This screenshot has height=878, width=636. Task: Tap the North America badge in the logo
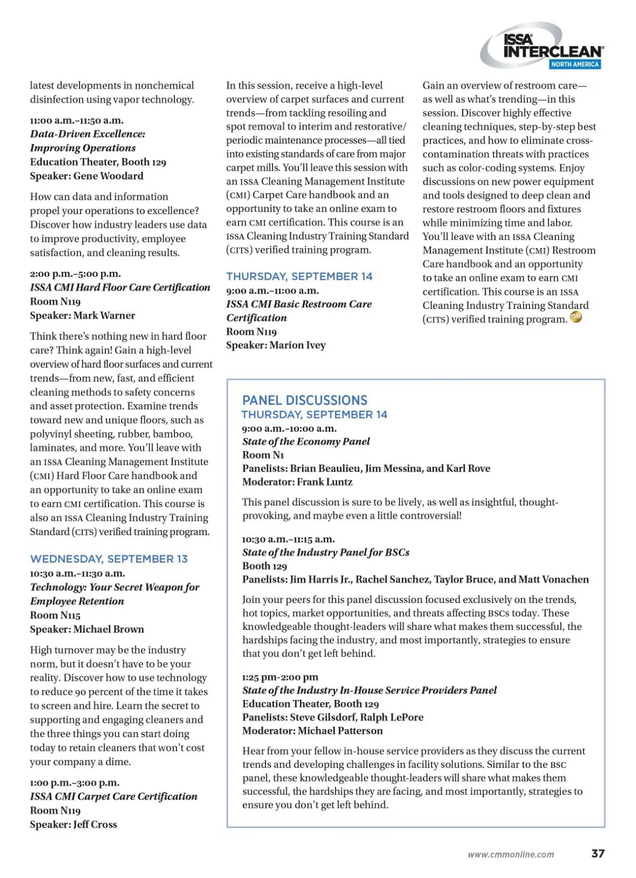click(x=575, y=64)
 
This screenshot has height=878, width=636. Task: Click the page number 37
click(x=598, y=853)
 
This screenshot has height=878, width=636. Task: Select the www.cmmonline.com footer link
click(x=510, y=854)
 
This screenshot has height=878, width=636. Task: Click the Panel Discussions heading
click(x=305, y=400)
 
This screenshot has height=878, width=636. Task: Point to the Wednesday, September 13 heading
click(x=109, y=559)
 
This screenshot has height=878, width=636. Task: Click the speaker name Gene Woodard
click(x=108, y=176)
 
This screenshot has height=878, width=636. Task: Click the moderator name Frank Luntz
click(x=324, y=482)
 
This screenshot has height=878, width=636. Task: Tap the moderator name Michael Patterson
click(x=340, y=731)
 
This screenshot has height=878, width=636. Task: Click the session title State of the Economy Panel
click(x=306, y=441)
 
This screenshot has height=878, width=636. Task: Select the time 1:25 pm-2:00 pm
click(x=280, y=677)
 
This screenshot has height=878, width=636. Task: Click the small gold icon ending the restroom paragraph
click(x=576, y=317)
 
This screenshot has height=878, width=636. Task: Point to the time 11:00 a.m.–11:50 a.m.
click(x=76, y=120)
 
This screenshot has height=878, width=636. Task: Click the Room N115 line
click(x=55, y=615)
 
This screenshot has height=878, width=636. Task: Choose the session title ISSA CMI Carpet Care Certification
click(x=113, y=796)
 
